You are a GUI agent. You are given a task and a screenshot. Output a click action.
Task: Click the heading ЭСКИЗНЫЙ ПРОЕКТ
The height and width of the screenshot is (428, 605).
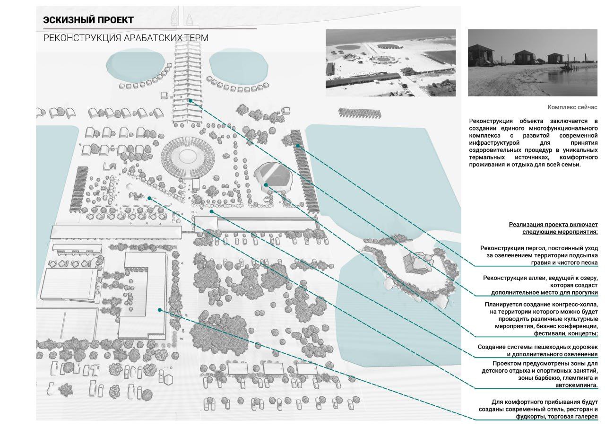coord(88,20)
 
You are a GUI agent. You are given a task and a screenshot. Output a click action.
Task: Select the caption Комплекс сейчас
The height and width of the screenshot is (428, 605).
coord(572,107)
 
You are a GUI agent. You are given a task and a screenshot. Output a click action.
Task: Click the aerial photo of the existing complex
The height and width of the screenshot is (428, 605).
coord(390,63)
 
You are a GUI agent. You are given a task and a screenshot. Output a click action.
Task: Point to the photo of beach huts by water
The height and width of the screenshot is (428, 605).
coord(533,63)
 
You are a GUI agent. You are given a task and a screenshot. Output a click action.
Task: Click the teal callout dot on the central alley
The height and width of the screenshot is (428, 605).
coord(190,101)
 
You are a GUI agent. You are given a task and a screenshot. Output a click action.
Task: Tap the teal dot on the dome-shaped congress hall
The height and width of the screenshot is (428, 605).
coord(266,185)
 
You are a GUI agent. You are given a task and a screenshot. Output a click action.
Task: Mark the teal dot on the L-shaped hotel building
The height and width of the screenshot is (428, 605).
coord(160,310)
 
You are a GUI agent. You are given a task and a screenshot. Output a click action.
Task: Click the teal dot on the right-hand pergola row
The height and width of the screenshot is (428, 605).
coord(298,146)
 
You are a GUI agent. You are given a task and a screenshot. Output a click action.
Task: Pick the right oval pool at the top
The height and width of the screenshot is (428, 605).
coord(239,66)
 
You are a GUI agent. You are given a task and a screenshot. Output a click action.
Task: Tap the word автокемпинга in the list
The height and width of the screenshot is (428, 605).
coord(576,385)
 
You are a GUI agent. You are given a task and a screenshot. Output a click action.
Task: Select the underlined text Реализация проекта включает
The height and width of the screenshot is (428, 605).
coord(553,225)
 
